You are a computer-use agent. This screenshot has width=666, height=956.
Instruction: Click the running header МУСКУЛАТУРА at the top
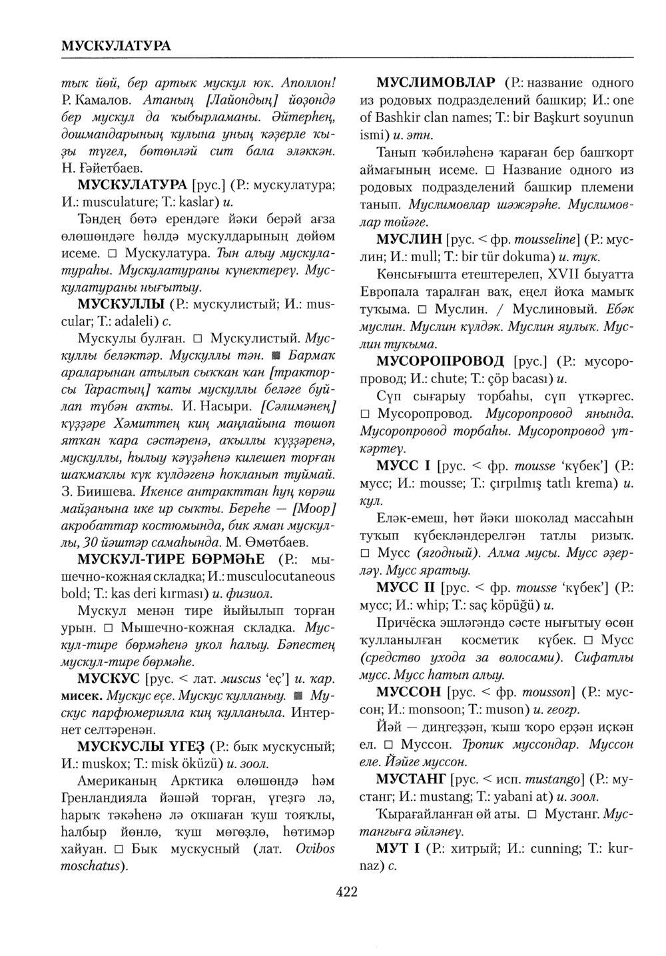116,45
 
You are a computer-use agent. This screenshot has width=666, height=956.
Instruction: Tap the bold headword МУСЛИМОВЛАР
436,83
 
